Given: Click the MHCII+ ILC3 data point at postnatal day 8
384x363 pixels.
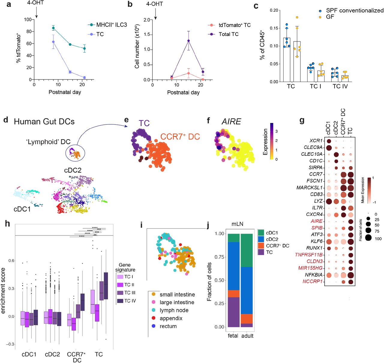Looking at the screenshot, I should (53, 28).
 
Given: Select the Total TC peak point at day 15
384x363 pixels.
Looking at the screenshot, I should (189, 40).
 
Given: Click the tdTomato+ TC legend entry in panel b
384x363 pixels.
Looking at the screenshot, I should (234, 25).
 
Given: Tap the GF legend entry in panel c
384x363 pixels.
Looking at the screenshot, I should (330, 17).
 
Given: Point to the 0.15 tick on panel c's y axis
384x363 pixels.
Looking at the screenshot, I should (274, 28).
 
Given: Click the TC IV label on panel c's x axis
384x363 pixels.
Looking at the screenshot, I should (340, 86).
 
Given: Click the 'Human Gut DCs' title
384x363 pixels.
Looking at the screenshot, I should (44, 121).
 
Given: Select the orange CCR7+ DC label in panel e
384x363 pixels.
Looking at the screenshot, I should (180, 137).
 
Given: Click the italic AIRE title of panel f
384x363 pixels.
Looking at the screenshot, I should (231, 121).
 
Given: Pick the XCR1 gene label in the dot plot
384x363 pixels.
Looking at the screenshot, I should (316, 141).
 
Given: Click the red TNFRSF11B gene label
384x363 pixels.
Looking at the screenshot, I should (309, 255).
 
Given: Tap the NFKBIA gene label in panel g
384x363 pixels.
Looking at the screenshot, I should (314, 275).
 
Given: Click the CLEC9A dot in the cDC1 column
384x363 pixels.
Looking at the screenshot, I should (328, 148).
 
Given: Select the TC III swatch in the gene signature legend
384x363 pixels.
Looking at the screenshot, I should (120, 293).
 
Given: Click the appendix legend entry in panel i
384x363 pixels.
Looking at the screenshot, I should (171, 318).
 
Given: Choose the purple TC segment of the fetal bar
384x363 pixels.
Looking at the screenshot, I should (234, 312).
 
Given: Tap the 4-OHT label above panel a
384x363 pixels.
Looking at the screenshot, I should (35, 3).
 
